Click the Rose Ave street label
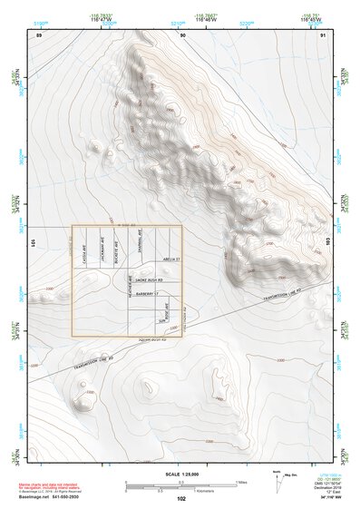(166, 310)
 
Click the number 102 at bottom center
(181, 499)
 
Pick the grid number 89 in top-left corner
(39, 35)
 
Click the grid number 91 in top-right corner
(324, 35)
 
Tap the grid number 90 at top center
(182, 35)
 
